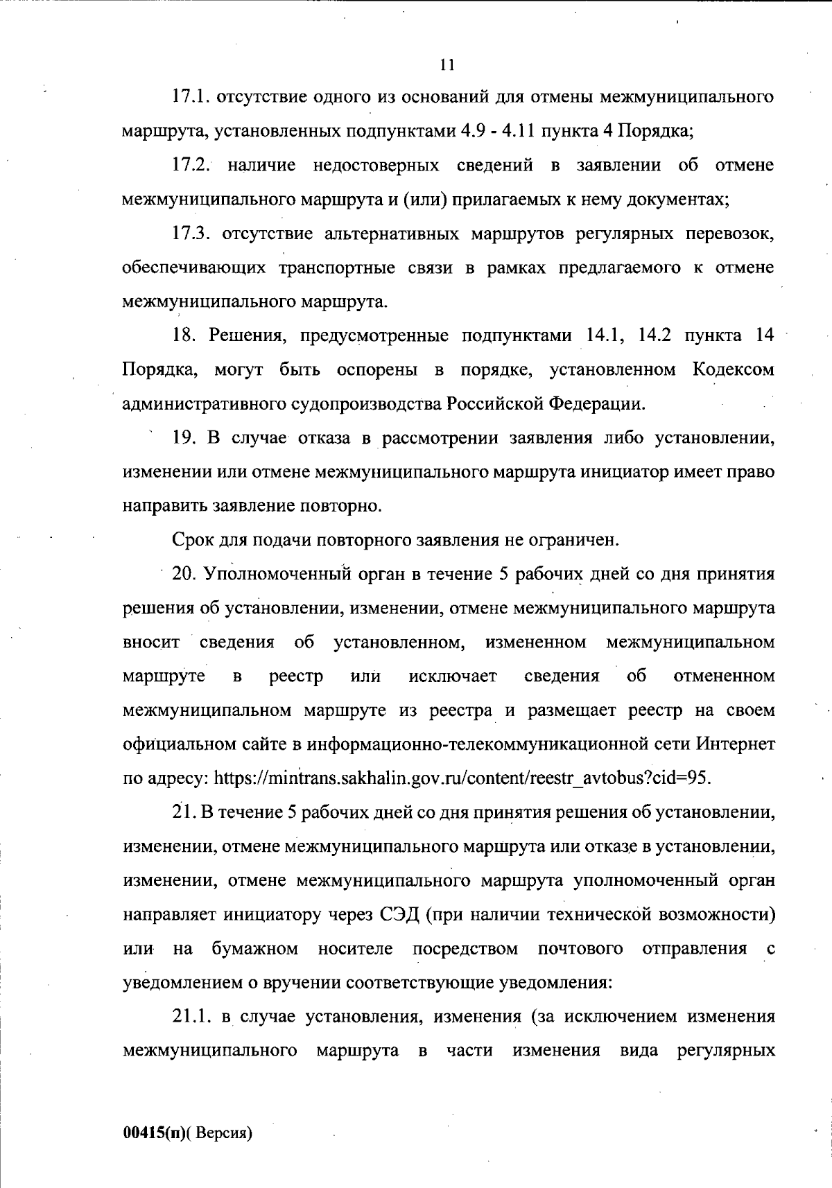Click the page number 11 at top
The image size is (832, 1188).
tap(447, 65)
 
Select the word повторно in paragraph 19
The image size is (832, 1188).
tap(351, 505)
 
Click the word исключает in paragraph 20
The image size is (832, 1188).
tap(453, 676)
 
